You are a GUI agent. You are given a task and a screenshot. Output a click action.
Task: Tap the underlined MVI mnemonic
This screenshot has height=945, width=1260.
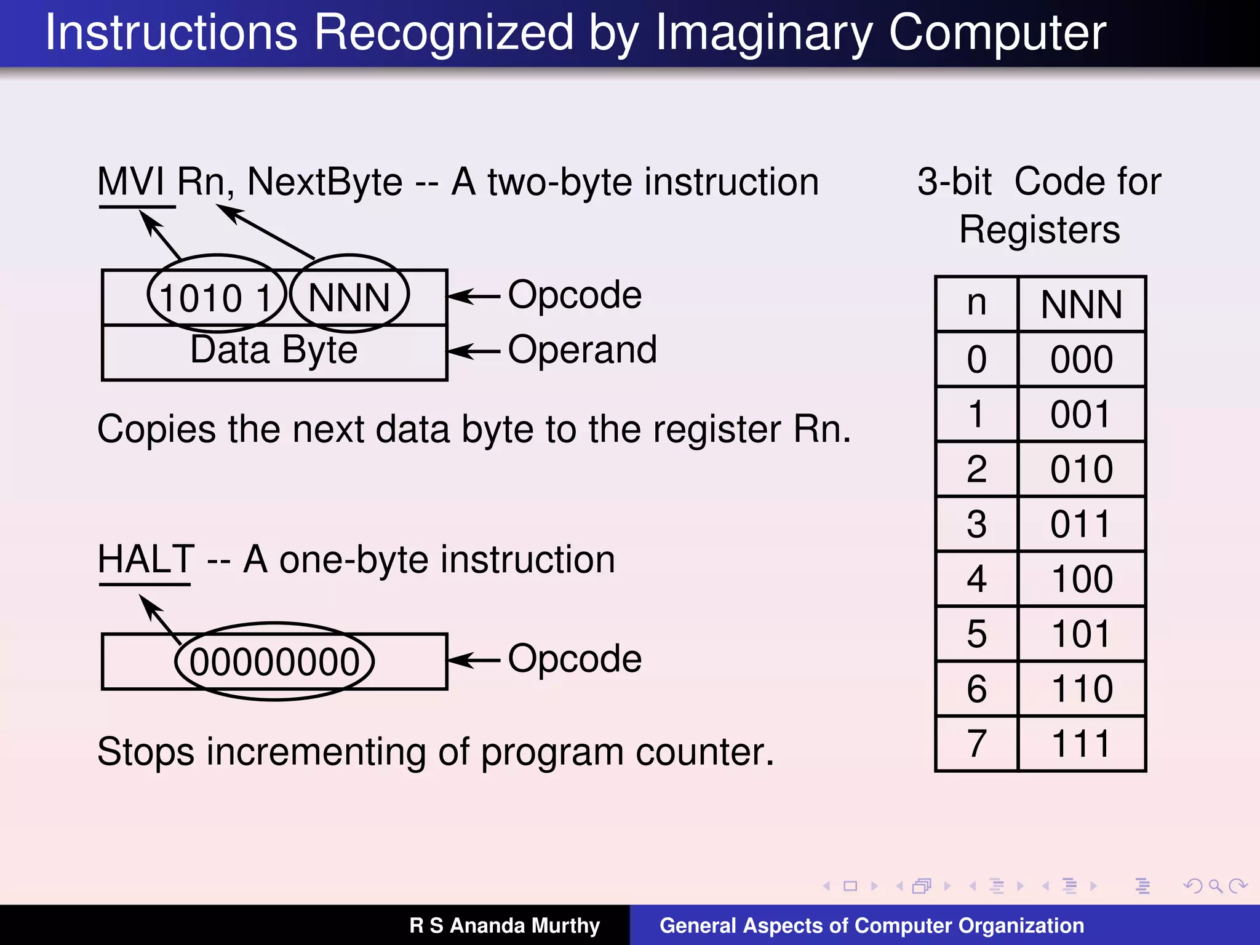(x=130, y=183)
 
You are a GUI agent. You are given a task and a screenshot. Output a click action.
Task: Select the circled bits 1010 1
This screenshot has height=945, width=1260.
(x=216, y=298)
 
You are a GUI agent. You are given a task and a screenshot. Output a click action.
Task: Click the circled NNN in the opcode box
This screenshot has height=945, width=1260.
(x=349, y=298)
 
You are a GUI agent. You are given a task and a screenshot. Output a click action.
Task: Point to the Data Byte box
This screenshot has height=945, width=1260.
(x=274, y=351)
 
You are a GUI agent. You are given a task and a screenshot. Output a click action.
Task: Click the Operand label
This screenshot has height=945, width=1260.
(x=582, y=350)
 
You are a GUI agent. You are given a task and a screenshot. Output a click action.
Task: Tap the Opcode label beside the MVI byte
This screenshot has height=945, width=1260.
(x=575, y=295)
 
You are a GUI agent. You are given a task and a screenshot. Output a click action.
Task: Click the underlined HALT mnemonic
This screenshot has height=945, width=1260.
(x=146, y=560)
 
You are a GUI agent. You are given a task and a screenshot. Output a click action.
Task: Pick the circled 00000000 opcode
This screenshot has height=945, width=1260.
(x=274, y=662)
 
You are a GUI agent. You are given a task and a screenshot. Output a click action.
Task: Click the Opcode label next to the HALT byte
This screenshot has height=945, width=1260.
(x=575, y=659)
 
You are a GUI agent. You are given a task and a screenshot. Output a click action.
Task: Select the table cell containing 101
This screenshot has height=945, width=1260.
(x=1082, y=634)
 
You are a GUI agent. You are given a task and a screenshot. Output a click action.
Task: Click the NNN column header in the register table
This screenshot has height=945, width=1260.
(x=1082, y=305)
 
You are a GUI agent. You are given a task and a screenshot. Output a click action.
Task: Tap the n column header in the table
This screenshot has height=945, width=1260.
(x=976, y=303)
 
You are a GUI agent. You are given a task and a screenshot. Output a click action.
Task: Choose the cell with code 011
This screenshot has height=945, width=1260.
(x=1082, y=525)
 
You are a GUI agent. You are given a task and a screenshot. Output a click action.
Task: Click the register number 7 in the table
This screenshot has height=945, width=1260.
(x=976, y=744)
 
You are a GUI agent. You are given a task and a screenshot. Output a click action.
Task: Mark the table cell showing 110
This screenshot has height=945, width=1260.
(x=1082, y=689)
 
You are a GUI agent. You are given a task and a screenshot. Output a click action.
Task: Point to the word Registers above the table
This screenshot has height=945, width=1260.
(x=1040, y=230)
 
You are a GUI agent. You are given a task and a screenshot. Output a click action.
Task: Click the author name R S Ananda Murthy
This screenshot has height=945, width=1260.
(x=504, y=925)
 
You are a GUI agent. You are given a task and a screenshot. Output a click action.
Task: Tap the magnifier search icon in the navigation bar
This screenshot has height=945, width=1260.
(x=1215, y=886)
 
